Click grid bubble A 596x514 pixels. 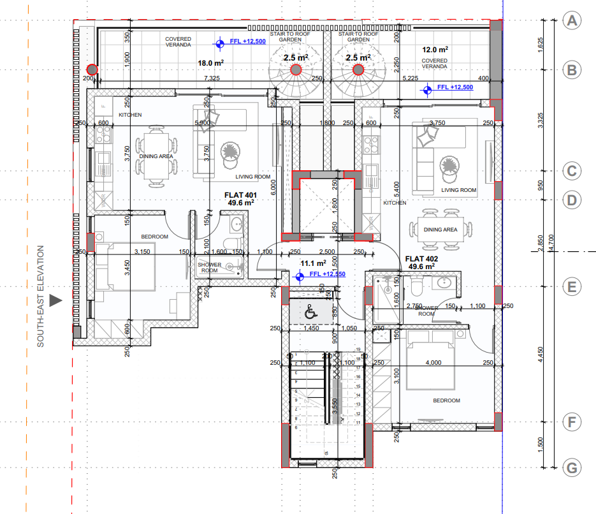pos(572,20)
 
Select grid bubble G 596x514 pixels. pos(572,469)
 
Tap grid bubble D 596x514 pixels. pos(572,200)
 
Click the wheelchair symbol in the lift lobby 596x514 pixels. pos(310,313)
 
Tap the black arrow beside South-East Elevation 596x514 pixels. pos(57,300)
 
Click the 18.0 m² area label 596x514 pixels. pos(210,63)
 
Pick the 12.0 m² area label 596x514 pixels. pos(435,49)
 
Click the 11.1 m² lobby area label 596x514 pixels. pos(313,263)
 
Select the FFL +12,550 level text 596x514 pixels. pos(327,274)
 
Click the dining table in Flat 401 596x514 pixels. pos(156,156)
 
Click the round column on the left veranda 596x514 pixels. pos(92,69)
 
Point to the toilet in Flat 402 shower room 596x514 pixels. pos(416,290)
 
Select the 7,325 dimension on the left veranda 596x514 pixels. pos(212,78)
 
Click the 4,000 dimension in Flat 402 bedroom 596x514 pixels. pos(433,363)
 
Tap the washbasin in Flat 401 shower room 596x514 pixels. pos(236,224)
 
